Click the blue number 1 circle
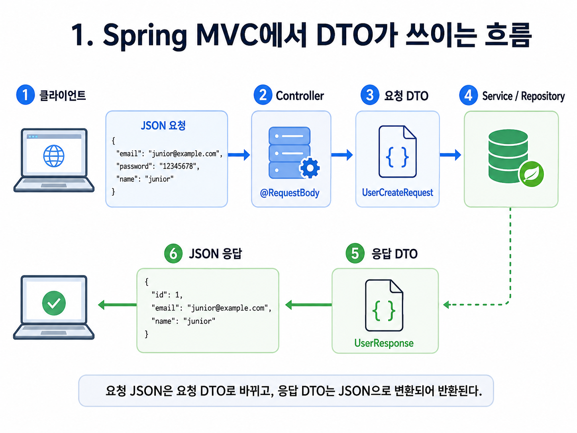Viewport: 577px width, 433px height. click(x=25, y=95)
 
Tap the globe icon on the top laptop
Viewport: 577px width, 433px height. click(x=54, y=156)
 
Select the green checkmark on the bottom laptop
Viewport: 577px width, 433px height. click(x=54, y=303)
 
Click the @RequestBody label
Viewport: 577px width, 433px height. click(x=290, y=193)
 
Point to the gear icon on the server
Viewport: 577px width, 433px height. click(x=310, y=168)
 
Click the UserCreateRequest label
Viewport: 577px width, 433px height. click(x=397, y=193)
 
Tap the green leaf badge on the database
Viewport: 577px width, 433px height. click(x=531, y=174)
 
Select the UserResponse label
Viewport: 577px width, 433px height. click(x=384, y=343)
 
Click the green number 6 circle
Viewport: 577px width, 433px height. click(x=173, y=254)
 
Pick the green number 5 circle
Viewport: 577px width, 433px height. click(x=355, y=253)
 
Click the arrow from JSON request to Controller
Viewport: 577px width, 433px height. click(x=239, y=155)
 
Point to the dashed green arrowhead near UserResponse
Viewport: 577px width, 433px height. click(x=446, y=305)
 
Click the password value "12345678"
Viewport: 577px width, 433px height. click(x=178, y=166)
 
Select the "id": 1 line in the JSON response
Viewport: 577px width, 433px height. click(x=167, y=295)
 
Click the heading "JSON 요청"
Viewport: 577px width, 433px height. click(x=163, y=126)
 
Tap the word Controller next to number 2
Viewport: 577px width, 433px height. click(x=300, y=96)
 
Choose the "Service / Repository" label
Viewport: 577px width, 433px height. click(x=523, y=96)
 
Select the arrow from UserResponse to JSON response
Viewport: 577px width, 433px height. click(x=308, y=305)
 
